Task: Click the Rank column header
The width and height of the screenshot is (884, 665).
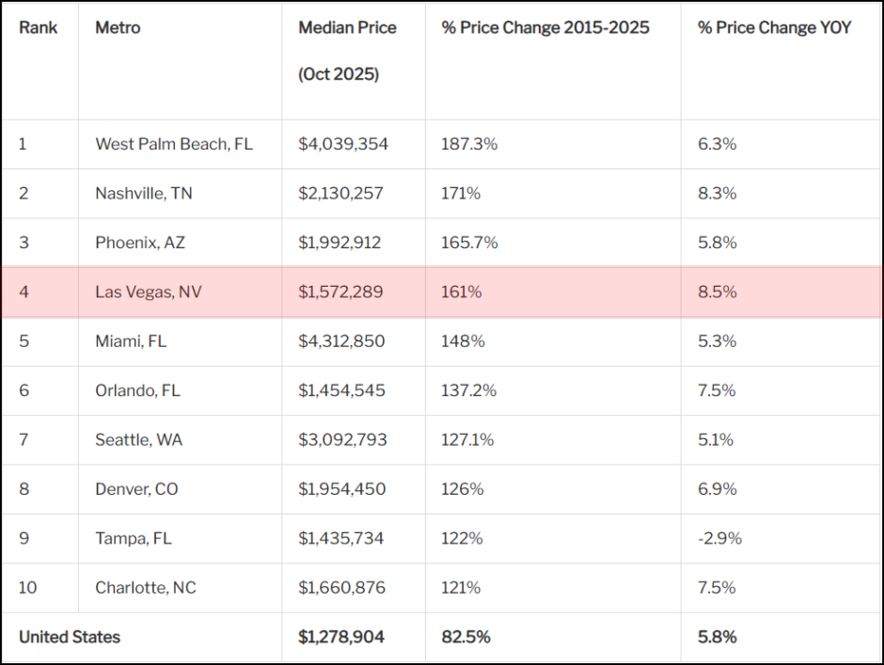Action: tap(38, 28)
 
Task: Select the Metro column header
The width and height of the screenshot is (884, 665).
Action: tap(118, 28)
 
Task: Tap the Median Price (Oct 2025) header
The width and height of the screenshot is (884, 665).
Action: tap(347, 51)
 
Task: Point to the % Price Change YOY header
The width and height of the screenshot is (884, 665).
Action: tap(774, 28)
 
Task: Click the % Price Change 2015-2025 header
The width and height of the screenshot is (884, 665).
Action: tap(545, 28)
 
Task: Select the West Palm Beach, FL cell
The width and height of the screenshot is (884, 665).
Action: tap(174, 144)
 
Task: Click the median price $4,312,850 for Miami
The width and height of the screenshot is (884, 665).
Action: tap(341, 341)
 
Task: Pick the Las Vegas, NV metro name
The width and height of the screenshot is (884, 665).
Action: tap(148, 293)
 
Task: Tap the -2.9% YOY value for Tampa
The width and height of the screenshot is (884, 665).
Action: tap(719, 538)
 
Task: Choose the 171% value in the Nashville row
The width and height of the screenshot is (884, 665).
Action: tap(461, 194)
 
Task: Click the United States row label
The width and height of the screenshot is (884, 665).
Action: tap(70, 637)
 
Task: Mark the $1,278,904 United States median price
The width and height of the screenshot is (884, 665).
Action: tap(341, 637)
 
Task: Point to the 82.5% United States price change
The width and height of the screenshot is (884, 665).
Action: tap(466, 637)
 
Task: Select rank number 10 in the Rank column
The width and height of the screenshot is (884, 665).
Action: tap(27, 588)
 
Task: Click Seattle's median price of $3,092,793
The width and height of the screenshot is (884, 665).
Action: tap(342, 440)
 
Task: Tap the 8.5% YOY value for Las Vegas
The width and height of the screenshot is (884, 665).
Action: tap(717, 293)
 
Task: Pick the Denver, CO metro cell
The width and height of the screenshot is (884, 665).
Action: tap(136, 489)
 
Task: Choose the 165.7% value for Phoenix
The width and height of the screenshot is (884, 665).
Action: tap(469, 243)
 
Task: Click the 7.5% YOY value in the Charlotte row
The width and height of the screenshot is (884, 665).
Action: tap(717, 588)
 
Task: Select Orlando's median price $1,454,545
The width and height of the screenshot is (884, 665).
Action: tap(341, 390)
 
